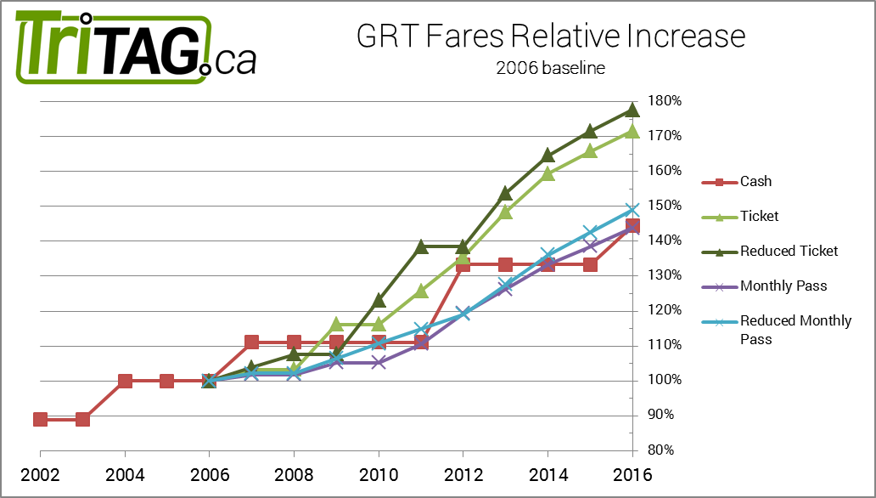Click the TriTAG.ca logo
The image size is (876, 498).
click(x=136, y=48)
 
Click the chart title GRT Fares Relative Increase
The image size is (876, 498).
click(x=550, y=37)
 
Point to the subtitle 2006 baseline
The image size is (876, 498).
click(x=550, y=68)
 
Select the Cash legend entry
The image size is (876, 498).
click(x=755, y=181)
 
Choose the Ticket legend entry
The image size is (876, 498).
click(x=759, y=216)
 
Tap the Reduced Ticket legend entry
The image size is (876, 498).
click(x=789, y=251)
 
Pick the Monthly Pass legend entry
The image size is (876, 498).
click(x=783, y=286)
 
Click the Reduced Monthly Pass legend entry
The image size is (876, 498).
click(x=795, y=328)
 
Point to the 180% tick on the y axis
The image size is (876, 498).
click(x=665, y=101)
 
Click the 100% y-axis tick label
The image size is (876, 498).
click(x=665, y=380)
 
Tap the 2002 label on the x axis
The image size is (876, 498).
click(x=40, y=473)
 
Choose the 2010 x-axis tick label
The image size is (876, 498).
click(x=379, y=473)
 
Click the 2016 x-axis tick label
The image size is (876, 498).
click(x=632, y=473)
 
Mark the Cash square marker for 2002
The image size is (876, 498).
click(x=40, y=419)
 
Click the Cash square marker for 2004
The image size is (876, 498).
click(x=125, y=381)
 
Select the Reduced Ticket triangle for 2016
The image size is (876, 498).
click(x=632, y=110)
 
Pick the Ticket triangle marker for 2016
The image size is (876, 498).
click(x=632, y=131)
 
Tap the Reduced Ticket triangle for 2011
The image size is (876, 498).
click(x=421, y=246)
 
